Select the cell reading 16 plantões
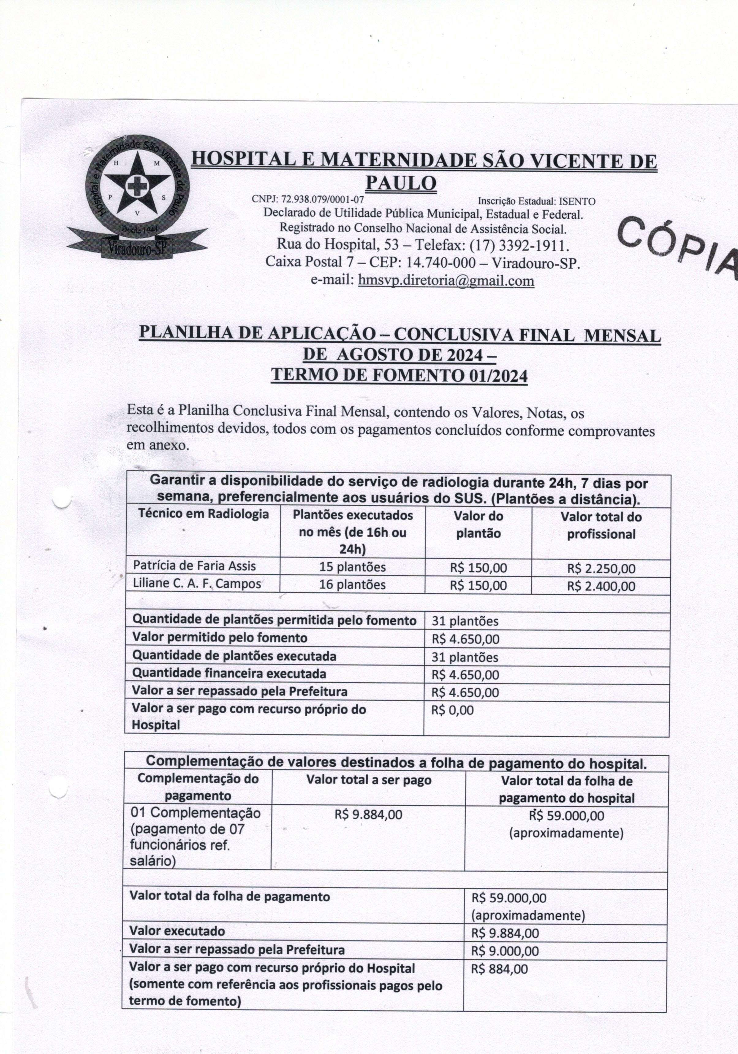point(352,585)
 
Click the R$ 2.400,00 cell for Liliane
point(601,586)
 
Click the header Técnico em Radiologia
point(203,514)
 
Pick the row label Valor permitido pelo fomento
point(220,638)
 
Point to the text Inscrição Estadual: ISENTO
point(537,201)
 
